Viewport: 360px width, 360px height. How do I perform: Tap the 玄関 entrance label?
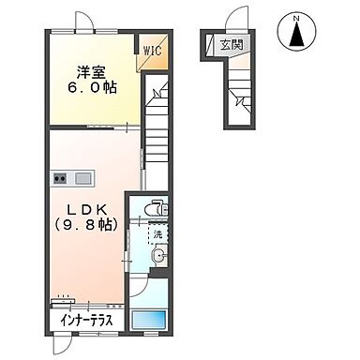pyautogui.click(x=231, y=43)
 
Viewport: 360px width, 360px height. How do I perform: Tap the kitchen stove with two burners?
pyautogui.click(x=64, y=178)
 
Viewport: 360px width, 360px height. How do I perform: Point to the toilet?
pyautogui.click(x=160, y=208)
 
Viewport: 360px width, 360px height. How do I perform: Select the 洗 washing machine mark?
pyautogui.click(x=157, y=233)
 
